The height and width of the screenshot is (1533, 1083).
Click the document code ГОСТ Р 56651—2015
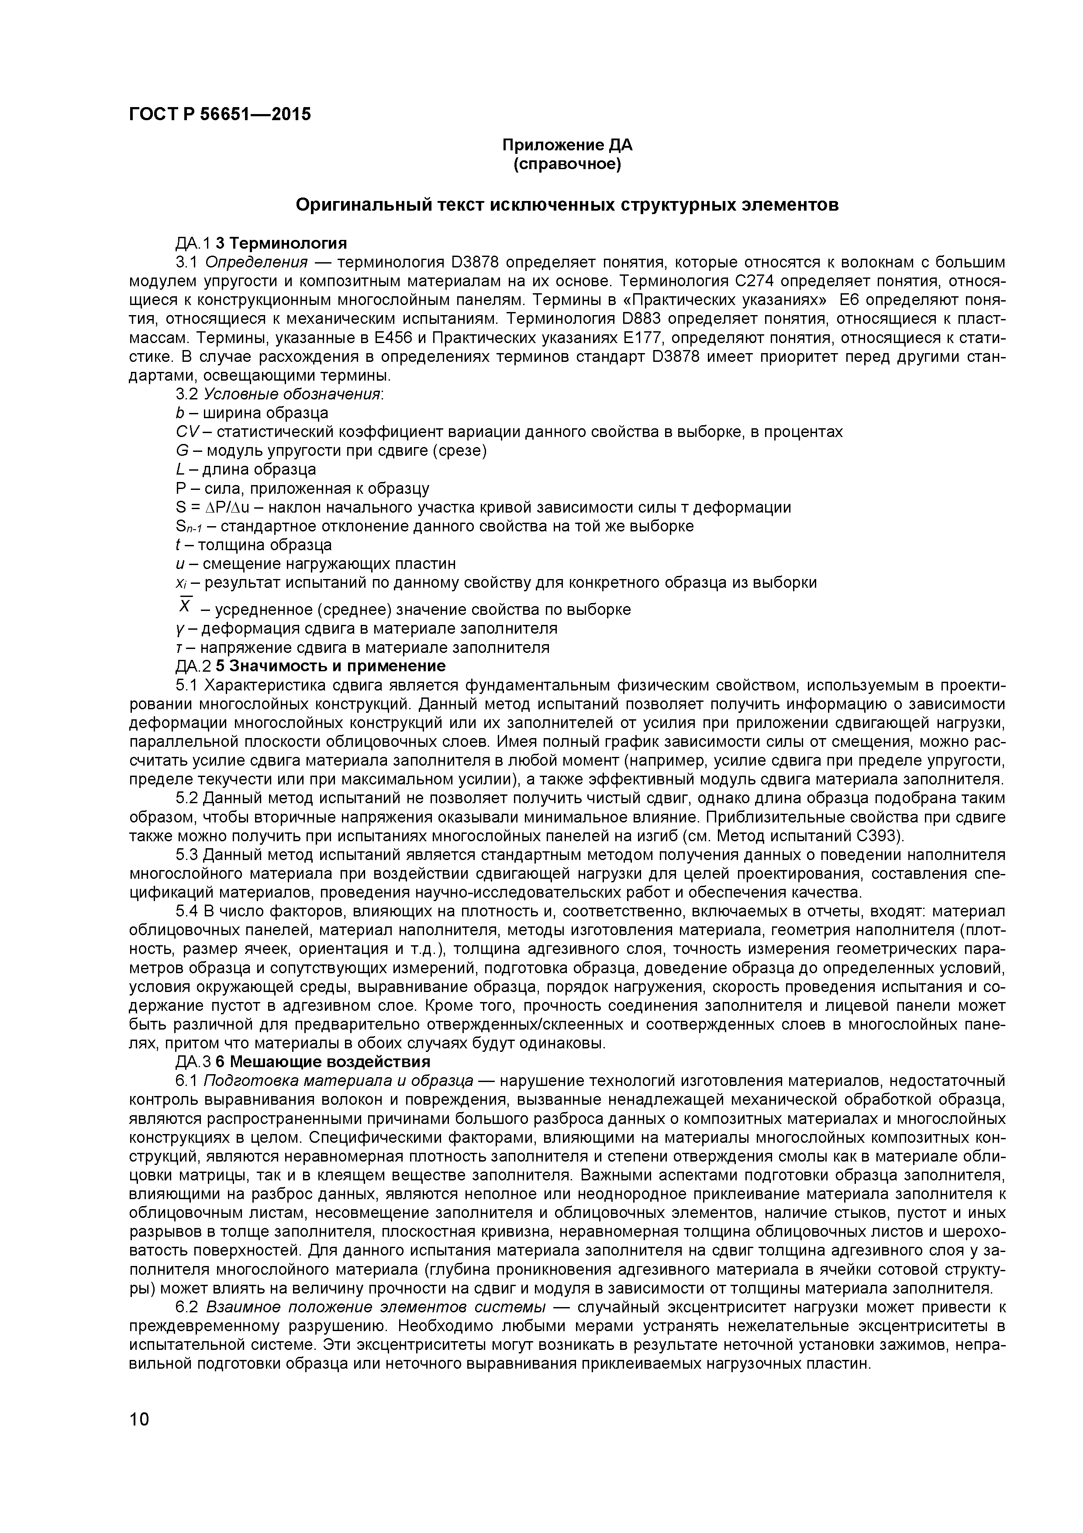tap(220, 114)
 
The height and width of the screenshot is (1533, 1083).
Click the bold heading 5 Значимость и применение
tap(330, 666)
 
